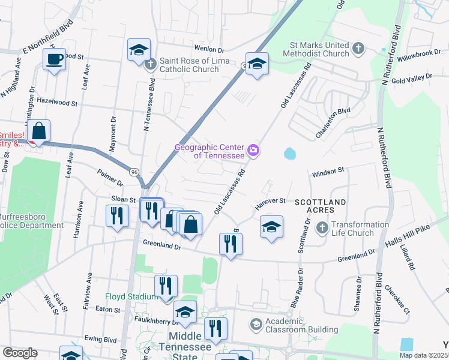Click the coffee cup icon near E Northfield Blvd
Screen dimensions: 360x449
(54, 59)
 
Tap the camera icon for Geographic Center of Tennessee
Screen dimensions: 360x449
(253, 150)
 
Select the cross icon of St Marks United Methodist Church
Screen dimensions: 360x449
(358, 48)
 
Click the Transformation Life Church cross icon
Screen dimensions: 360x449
(322, 228)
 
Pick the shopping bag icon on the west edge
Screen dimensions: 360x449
(38, 130)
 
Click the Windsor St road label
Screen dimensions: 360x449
(327, 170)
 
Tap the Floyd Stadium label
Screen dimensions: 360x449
(131, 296)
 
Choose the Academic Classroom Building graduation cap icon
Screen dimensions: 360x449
(256, 325)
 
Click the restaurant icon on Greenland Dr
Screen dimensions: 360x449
(230, 243)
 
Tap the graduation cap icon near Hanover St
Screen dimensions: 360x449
(271, 227)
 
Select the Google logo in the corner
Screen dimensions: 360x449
(20, 352)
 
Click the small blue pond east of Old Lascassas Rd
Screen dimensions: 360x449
(290, 154)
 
